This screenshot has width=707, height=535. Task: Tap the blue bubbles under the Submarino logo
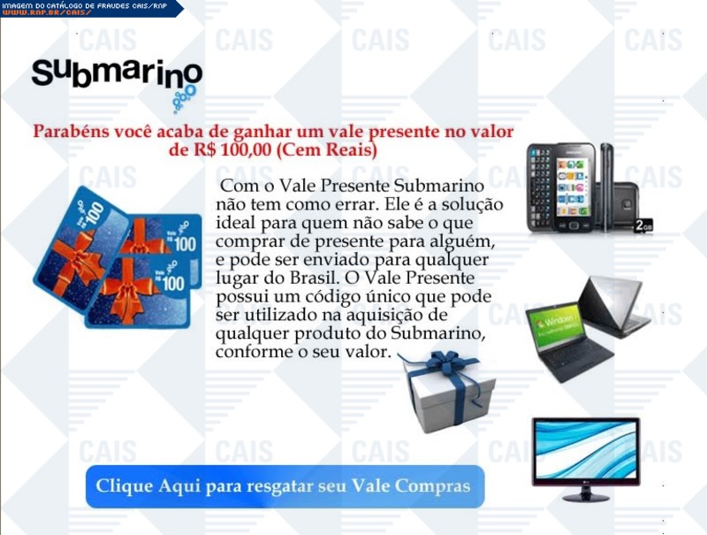[x=185, y=99]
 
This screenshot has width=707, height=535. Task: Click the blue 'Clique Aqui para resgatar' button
[x=285, y=486]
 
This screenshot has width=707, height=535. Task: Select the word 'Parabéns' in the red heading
[x=72, y=131]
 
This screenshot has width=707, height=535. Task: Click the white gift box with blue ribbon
[x=448, y=391]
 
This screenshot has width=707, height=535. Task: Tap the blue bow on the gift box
[x=446, y=363]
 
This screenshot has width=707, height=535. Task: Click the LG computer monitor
[x=586, y=459]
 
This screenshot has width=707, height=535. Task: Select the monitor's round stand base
[x=586, y=497]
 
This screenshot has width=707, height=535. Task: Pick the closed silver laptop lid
[x=614, y=308]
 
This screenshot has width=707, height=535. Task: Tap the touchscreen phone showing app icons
[x=574, y=187]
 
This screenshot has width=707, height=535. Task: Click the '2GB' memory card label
[x=643, y=225]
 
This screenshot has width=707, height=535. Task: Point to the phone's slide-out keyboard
[x=540, y=188]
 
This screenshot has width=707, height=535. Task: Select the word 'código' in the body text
[x=334, y=296]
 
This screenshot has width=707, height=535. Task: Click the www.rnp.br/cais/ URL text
[x=48, y=12]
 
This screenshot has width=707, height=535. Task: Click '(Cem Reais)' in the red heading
[x=326, y=149]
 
